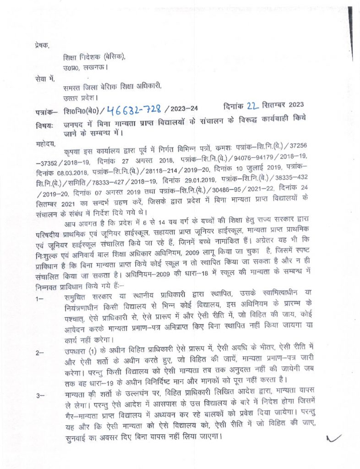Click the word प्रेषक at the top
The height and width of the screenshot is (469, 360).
point(41,45)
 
